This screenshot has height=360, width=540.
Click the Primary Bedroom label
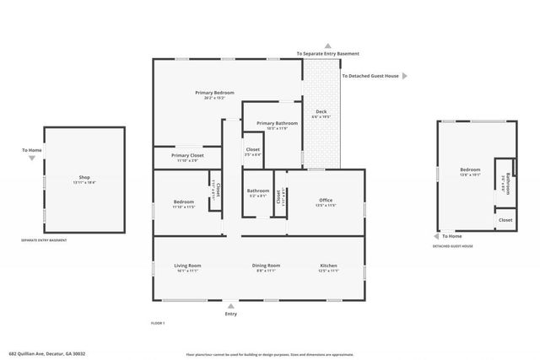[x=214, y=93]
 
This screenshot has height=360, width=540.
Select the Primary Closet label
[x=187, y=155]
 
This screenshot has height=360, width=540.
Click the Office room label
[x=326, y=200]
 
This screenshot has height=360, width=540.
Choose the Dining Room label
[x=266, y=266]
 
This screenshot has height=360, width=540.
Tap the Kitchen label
[x=328, y=266]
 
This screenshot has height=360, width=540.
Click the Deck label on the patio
[x=321, y=112]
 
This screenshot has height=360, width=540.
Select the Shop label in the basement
[x=84, y=177]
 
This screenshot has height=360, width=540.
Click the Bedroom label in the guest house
[x=470, y=169]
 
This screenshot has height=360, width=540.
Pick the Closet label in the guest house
[x=505, y=220]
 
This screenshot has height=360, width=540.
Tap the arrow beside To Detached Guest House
[x=404, y=76]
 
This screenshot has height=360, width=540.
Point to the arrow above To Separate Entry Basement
[x=328, y=46]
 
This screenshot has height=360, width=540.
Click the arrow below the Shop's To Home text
[x=32, y=158]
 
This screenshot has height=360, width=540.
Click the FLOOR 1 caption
[x=158, y=324]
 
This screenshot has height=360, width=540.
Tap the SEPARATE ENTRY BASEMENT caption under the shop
[x=44, y=240]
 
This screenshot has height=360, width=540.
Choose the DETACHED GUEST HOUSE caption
[x=452, y=246]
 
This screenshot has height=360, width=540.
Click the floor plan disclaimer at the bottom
[x=270, y=354]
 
